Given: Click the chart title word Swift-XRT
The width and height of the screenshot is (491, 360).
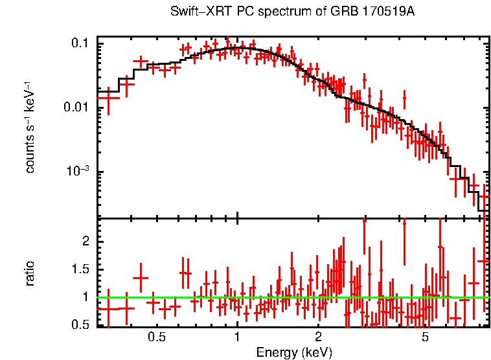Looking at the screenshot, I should pyautogui.click(x=194, y=12).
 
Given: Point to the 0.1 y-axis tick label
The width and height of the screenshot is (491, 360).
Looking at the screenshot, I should pyautogui.click(x=80, y=43).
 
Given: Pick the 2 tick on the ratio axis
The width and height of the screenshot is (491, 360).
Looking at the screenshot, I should pyautogui.click(x=86, y=241).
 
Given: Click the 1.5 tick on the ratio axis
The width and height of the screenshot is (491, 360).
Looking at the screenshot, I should pyautogui.click(x=80, y=269).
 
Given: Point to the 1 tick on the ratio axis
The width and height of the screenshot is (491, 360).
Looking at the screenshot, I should pyautogui.click(x=86, y=297).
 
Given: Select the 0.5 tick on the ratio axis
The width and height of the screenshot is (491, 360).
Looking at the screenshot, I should pyautogui.click(x=80, y=325).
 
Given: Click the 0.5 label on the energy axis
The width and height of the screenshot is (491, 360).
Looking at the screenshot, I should pyautogui.click(x=156, y=337).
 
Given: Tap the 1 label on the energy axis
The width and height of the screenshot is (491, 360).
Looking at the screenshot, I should pyautogui.click(x=238, y=337).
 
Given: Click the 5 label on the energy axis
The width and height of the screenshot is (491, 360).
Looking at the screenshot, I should pyautogui.click(x=426, y=337).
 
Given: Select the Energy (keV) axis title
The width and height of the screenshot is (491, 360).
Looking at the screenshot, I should pyautogui.click(x=294, y=352).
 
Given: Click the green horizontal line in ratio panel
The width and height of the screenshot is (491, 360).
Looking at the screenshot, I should pyautogui.click(x=291, y=297).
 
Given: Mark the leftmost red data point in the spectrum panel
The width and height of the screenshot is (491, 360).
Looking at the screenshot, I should pyautogui.click(x=108, y=99).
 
